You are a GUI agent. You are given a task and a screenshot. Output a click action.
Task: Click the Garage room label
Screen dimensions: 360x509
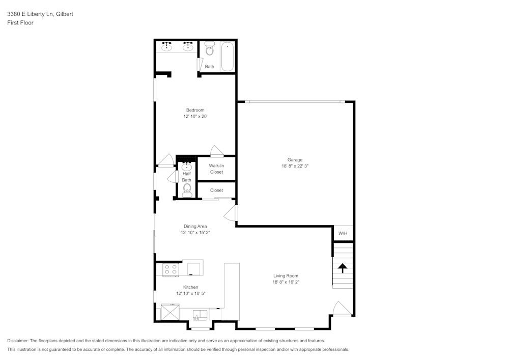[295, 159]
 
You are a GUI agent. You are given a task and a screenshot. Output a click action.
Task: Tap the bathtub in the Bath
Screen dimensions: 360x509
[228, 56]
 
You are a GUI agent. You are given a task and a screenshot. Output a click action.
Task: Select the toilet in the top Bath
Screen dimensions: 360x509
[210, 49]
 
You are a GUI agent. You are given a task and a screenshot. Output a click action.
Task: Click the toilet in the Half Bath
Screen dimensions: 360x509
[187, 189]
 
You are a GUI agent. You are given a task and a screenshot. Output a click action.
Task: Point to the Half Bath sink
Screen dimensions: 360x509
[187, 166]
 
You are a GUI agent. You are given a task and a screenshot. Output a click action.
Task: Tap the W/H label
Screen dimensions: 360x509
[343, 233]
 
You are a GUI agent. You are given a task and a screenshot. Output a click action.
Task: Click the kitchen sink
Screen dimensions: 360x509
[200, 314]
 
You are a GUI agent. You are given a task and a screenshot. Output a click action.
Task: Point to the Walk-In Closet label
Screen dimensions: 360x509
[216, 169]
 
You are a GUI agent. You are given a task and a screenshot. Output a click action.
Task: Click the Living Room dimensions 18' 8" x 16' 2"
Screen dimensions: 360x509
[286, 282]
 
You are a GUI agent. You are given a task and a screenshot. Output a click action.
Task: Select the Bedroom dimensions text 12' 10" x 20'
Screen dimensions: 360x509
[195, 117]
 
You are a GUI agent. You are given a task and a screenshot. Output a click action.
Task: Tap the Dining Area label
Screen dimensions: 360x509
[195, 226]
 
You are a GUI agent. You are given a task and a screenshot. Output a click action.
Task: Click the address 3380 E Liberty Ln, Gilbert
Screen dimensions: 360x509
[40, 14]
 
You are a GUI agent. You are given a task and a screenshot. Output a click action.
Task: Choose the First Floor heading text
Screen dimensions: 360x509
[20, 23]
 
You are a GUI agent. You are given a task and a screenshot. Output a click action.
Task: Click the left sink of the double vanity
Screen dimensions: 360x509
[167, 47]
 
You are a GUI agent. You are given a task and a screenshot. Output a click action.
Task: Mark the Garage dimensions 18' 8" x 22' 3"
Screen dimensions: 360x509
[295, 166]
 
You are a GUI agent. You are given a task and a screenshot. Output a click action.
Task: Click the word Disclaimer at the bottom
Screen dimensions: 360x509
[18, 341]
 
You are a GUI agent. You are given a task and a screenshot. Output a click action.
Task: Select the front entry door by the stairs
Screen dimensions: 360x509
[341, 309]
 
